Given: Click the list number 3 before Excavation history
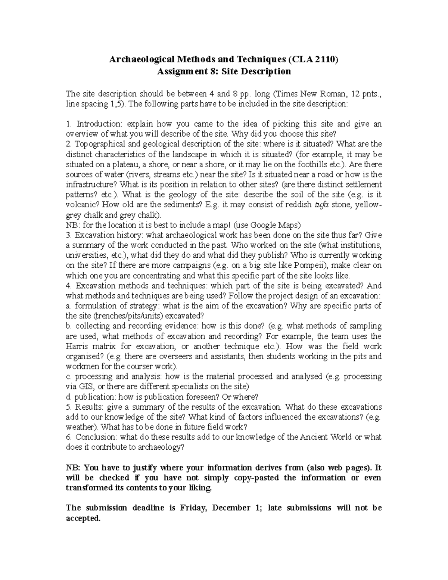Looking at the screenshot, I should coord(68,235).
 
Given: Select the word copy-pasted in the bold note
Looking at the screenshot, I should coord(256,478).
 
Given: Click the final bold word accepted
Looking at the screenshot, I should coord(83,518).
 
